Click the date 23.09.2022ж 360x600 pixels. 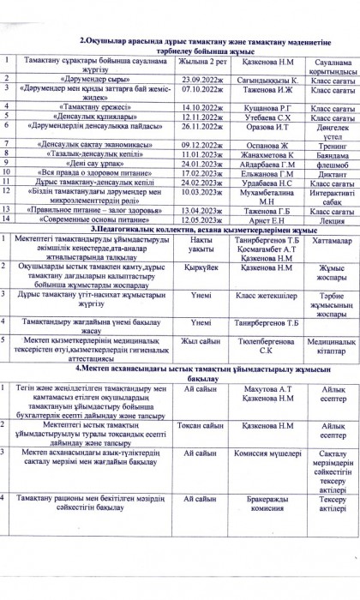point(201,77)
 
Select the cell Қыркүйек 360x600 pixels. point(201,267)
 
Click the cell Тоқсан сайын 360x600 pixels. point(201,425)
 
